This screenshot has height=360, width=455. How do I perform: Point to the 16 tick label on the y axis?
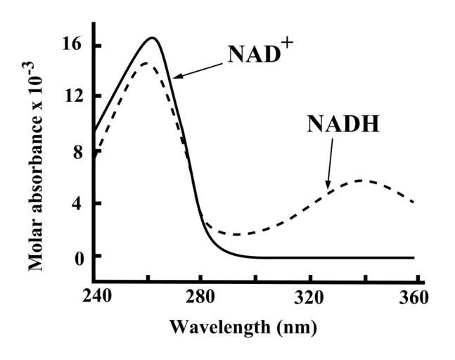click(x=75, y=46)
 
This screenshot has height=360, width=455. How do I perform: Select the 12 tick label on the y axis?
click(x=75, y=97)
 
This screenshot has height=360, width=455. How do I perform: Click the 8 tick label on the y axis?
click(x=77, y=150)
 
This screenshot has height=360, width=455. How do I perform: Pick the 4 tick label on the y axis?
click(x=77, y=203)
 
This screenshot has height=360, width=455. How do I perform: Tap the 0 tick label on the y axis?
click(x=77, y=256)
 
